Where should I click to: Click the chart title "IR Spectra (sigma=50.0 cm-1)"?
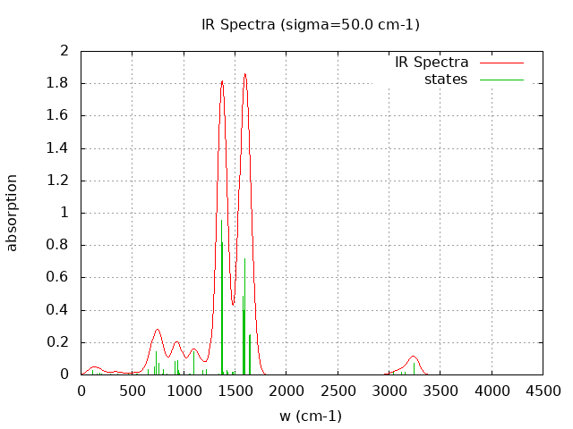(310, 24)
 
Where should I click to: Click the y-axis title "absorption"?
(13, 213)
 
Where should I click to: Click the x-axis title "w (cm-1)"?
(311, 416)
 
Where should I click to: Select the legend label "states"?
(446, 80)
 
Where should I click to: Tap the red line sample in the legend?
(500, 63)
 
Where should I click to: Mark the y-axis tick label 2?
(64, 51)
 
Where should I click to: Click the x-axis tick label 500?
(133, 391)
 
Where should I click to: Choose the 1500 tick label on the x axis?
(235, 391)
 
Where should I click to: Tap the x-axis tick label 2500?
(338, 391)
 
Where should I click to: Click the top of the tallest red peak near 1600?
(244, 74)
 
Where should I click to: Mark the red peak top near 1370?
(222, 81)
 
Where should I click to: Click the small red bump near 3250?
(414, 357)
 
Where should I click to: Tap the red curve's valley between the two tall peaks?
(234, 305)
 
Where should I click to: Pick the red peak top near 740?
(157, 329)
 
